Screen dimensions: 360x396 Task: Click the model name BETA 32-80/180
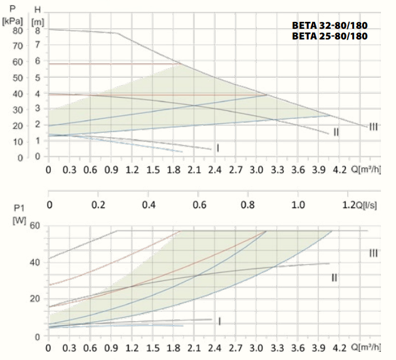(x=329, y=26)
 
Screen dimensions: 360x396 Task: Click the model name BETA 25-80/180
(x=329, y=36)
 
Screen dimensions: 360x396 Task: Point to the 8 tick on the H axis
(x=38, y=30)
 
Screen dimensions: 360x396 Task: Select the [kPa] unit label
(x=13, y=21)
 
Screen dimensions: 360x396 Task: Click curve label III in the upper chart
(x=373, y=127)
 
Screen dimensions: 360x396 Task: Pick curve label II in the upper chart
(x=336, y=132)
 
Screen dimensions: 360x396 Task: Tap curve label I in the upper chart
(x=217, y=148)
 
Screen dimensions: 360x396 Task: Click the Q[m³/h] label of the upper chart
(x=366, y=169)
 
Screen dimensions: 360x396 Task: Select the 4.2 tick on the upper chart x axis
(x=339, y=169)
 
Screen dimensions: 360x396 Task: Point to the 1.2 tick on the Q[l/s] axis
(x=348, y=205)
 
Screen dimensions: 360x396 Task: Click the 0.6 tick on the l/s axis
(x=199, y=205)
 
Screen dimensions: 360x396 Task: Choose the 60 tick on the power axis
(x=35, y=226)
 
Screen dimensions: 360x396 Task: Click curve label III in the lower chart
(x=373, y=253)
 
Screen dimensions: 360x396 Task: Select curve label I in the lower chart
(x=220, y=321)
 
